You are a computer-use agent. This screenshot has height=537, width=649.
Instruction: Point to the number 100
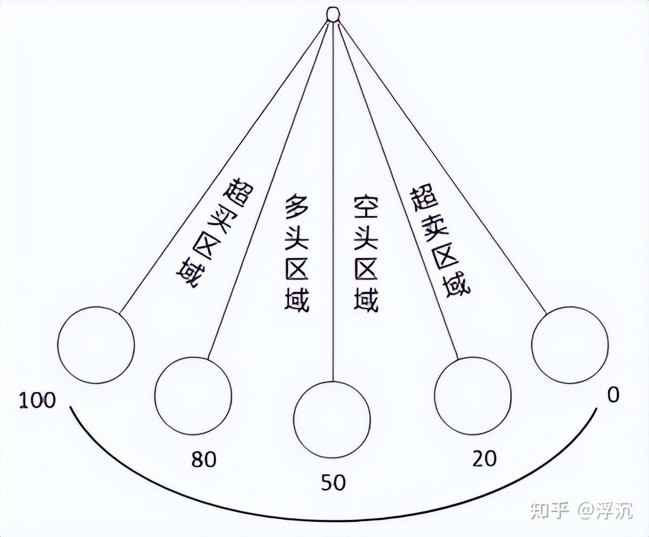37,400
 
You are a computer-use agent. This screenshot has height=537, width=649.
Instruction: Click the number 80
203,460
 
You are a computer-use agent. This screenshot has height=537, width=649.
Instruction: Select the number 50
333,482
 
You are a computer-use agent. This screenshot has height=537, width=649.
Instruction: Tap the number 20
485,459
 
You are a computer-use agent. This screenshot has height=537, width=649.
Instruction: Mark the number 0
613,395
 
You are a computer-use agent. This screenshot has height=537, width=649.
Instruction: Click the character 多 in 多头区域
296,207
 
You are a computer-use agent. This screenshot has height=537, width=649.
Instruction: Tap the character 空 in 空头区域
366,207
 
